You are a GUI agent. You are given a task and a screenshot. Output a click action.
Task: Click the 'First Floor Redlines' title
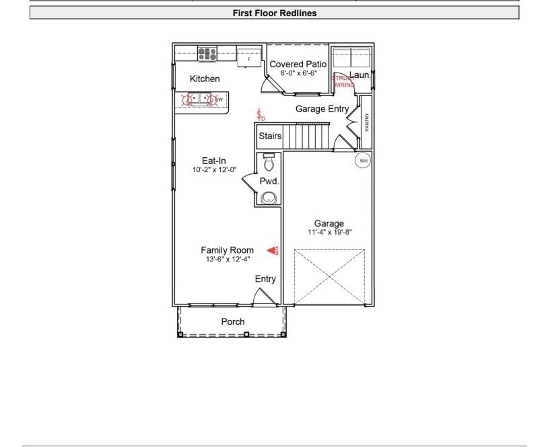(x=274, y=13)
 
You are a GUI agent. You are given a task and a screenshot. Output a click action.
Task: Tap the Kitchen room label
(x=205, y=79)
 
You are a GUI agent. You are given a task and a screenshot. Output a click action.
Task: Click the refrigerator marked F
(x=249, y=58)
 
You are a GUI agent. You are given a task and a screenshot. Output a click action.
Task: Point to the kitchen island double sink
(x=199, y=99)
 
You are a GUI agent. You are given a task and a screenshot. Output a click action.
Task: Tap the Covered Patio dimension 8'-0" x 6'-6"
(x=298, y=73)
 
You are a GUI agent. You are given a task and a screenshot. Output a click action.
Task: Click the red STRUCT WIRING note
(x=343, y=82)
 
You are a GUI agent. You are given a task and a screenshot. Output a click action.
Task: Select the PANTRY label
(x=367, y=122)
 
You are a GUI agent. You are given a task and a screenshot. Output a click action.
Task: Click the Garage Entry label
(x=322, y=109)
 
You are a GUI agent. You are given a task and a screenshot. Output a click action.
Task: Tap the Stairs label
(x=270, y=136)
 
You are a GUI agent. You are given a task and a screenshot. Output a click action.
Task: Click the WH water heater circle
(x=364, y=161)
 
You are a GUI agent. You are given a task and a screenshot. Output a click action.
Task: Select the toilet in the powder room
(x=269, y=163)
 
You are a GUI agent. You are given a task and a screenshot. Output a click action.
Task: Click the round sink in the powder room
(x=269, y=198)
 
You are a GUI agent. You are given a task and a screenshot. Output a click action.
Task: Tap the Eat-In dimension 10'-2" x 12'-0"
(x=214, y=169)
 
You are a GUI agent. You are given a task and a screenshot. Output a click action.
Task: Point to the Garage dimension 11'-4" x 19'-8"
(x=329, y=233)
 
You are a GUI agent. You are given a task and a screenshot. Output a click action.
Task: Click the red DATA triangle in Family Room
(x=273, y=251)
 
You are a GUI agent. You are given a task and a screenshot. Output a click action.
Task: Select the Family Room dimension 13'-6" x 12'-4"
(x=228, y=259)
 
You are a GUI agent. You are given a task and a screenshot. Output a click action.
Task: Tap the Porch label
(x=233, y=321)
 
